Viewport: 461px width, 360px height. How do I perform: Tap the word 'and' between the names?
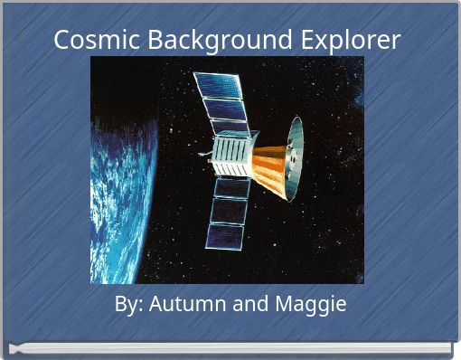click(x=247, y=305)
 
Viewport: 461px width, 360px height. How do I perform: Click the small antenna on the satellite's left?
click(x=206, y=156)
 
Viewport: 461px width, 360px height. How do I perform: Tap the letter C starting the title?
click(x=61, y=41)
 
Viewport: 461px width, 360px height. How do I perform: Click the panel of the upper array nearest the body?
click(x=231, y=126)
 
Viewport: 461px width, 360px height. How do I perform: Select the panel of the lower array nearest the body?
click(x=231, y=188)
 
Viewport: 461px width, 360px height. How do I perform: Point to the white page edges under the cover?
click(x=230, y=347)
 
